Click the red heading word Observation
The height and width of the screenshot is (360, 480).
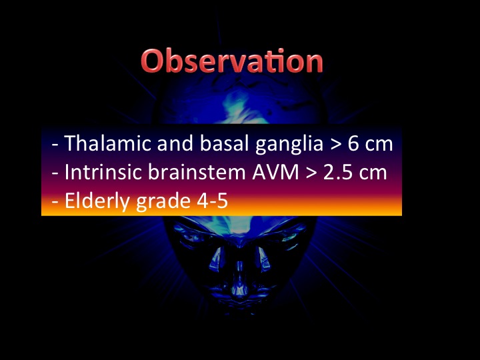pyautogui.click(x=232, y=61)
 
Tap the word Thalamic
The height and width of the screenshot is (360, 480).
pyautogui.click(x=108, y=143)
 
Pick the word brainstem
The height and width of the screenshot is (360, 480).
pyautogui.click(x=197, y=172)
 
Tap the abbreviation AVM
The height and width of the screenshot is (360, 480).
pyautogui.click(x=275, y=173)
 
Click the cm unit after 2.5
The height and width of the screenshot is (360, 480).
pyautogui.click(x=373, y=174)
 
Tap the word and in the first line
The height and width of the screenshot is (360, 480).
pyautogui.click(x=175, y=143)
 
